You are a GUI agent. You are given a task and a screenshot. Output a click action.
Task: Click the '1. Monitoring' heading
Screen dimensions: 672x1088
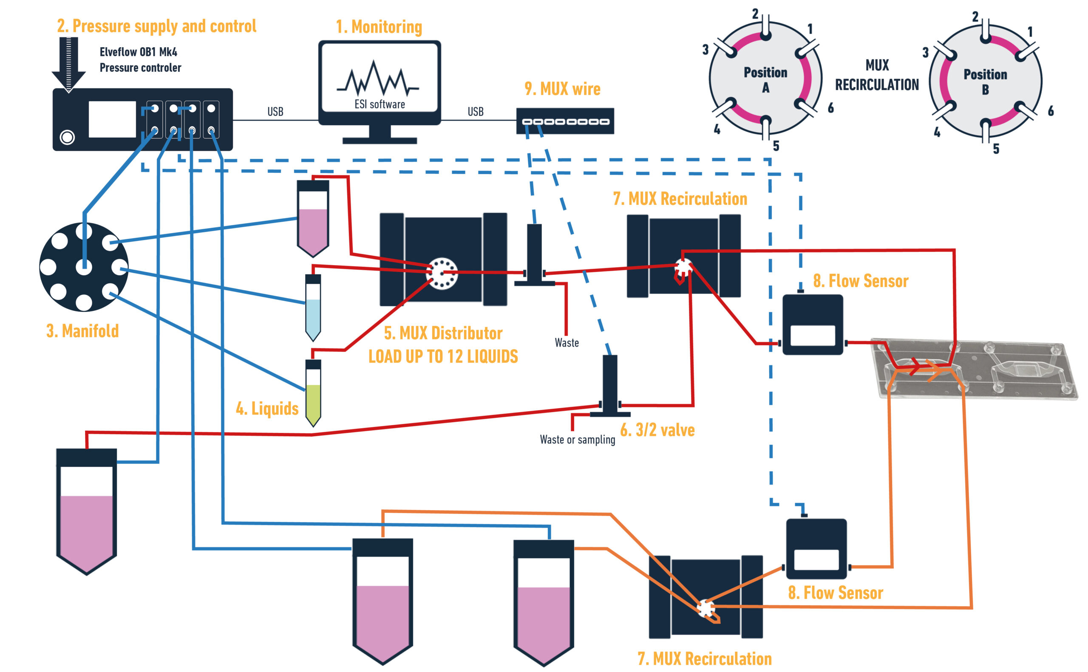point(378,27)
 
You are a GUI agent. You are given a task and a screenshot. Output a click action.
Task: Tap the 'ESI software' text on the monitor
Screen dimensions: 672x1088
point(379,104)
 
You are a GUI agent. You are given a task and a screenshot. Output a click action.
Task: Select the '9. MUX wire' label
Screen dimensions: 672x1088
point(562,89)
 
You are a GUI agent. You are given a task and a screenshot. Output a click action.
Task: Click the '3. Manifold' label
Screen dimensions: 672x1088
point(82,331)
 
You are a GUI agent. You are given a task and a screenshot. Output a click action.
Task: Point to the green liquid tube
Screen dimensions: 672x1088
point(313,393)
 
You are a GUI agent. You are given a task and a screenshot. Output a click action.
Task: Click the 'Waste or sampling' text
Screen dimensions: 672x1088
point(577,440)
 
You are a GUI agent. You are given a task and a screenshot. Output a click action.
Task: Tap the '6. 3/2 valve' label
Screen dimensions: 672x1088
point(657,430)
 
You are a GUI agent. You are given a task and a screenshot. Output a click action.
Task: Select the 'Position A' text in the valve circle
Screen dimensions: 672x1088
point(765,79)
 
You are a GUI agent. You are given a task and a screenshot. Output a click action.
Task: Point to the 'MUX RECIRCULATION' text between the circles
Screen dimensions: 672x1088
point(876,75)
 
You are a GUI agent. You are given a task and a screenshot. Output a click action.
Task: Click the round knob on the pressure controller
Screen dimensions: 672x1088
point(68,137)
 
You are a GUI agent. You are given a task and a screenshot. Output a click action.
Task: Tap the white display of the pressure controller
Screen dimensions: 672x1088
point(112,119)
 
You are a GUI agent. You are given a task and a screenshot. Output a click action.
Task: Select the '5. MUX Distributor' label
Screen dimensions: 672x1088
point(443,333)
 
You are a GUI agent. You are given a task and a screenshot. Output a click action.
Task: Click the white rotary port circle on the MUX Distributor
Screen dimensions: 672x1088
point(442,273)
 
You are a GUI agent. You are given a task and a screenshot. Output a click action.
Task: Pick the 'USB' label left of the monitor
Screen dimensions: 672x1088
point(275,112)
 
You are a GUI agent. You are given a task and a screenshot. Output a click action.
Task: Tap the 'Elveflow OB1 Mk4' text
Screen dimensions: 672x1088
point(138,52)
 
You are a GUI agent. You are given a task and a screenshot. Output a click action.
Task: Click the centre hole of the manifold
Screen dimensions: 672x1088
point(84,267)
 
